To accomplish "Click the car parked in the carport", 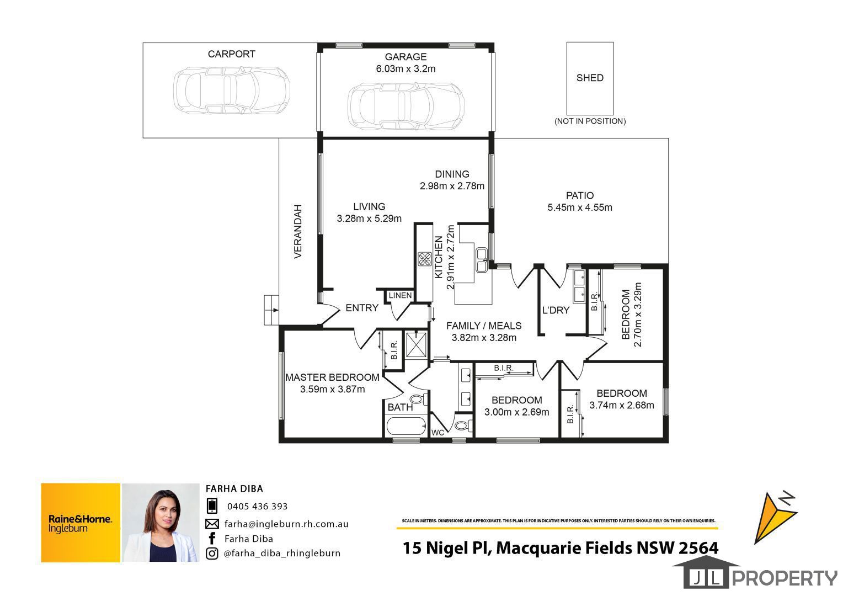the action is point(232,91).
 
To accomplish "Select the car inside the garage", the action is point(406,107).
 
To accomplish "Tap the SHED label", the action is point(590,78).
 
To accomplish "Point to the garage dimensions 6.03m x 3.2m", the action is point(406,69).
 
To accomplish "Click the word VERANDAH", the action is point(298,232).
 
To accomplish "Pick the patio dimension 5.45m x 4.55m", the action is point(579,207).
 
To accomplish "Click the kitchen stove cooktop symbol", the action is point(425,259).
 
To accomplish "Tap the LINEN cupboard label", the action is point(400,296).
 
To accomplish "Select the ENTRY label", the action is point(362,308).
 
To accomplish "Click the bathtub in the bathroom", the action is point(406,426).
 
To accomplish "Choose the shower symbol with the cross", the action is point(416,345).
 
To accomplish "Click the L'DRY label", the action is point(556,310).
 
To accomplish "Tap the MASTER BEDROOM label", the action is point(332,377).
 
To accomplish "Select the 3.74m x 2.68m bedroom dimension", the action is point(621,405).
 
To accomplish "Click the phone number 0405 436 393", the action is point(258,507).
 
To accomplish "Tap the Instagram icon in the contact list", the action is point(212,554).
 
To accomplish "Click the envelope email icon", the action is point(212,524).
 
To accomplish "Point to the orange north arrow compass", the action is point(775,518).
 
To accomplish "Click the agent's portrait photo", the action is point(161,523).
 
